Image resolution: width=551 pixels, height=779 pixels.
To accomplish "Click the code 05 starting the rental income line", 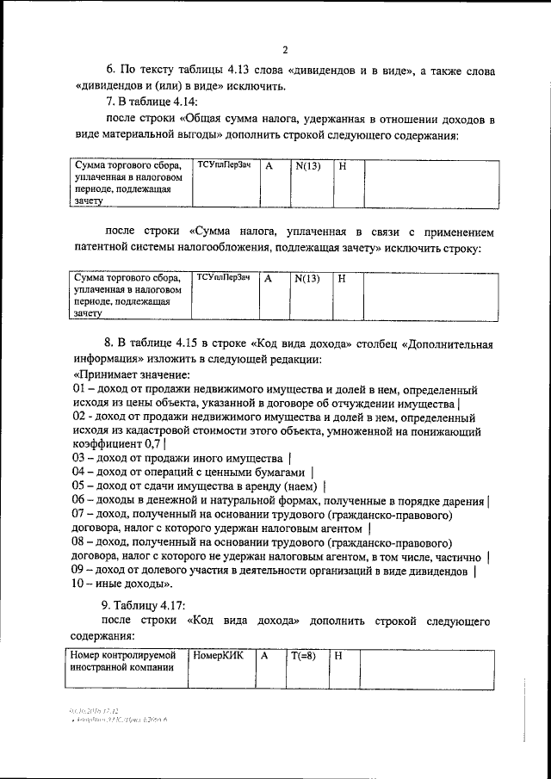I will coord(79,485).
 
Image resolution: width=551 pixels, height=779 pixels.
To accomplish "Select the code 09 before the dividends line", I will coord(79,570).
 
